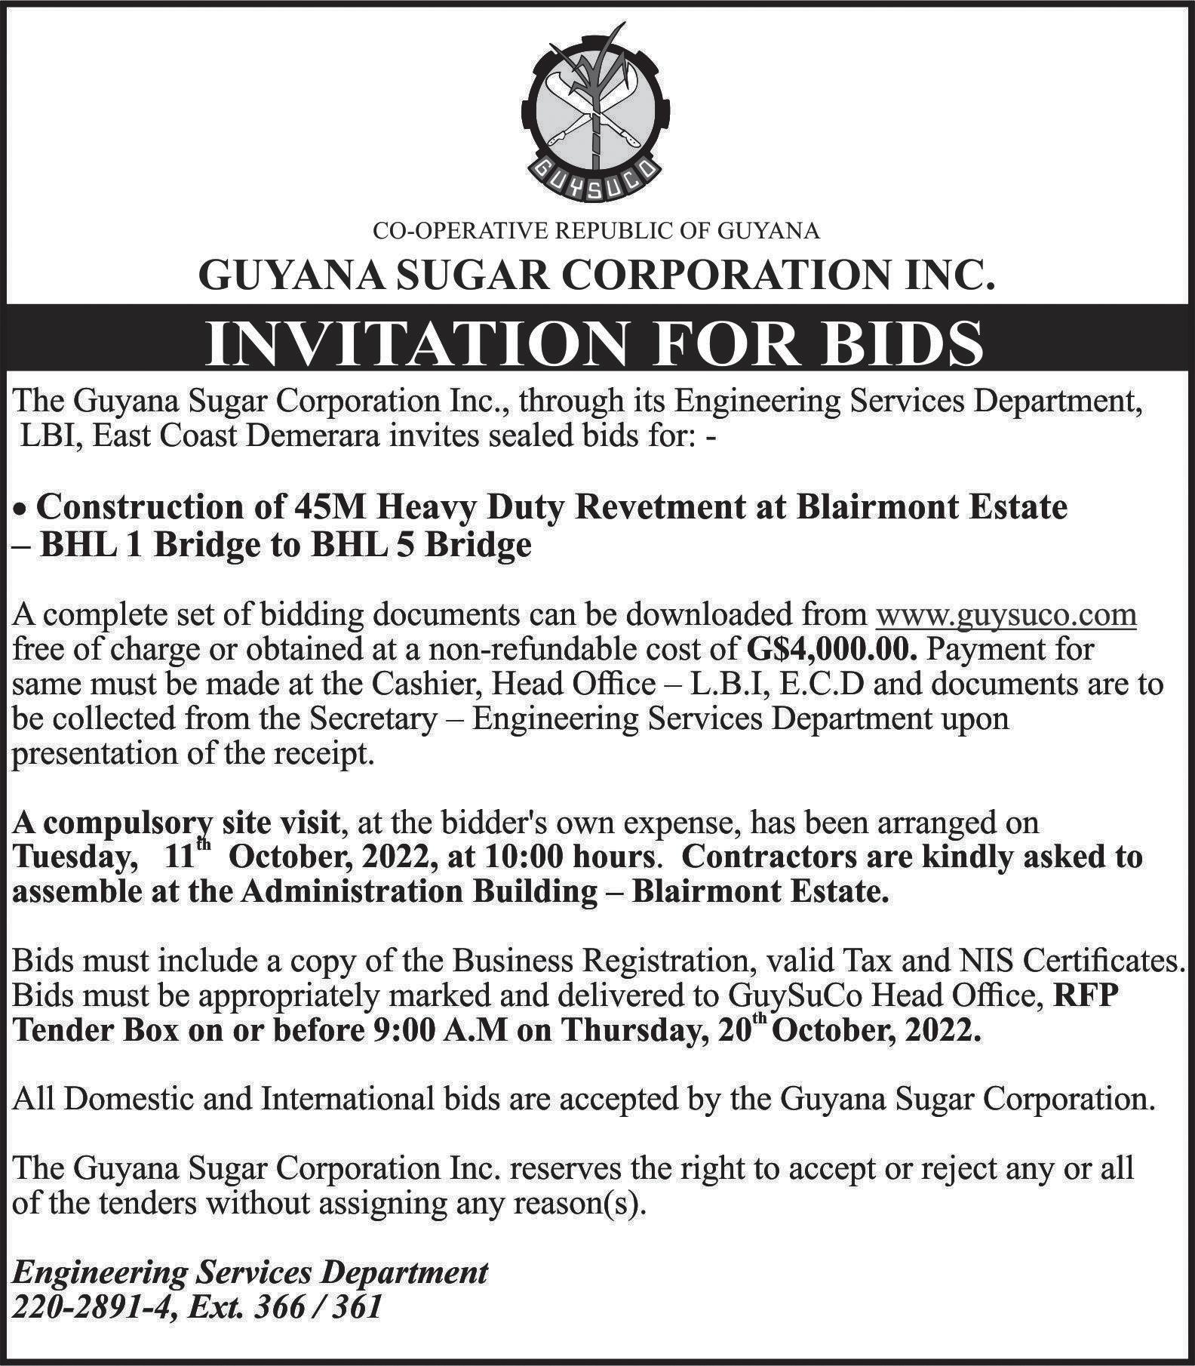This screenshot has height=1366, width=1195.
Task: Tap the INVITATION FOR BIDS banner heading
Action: point(596,343)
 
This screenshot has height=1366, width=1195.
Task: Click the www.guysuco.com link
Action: point(1006,615)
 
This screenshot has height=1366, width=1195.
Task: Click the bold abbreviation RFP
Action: point(1083,996)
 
